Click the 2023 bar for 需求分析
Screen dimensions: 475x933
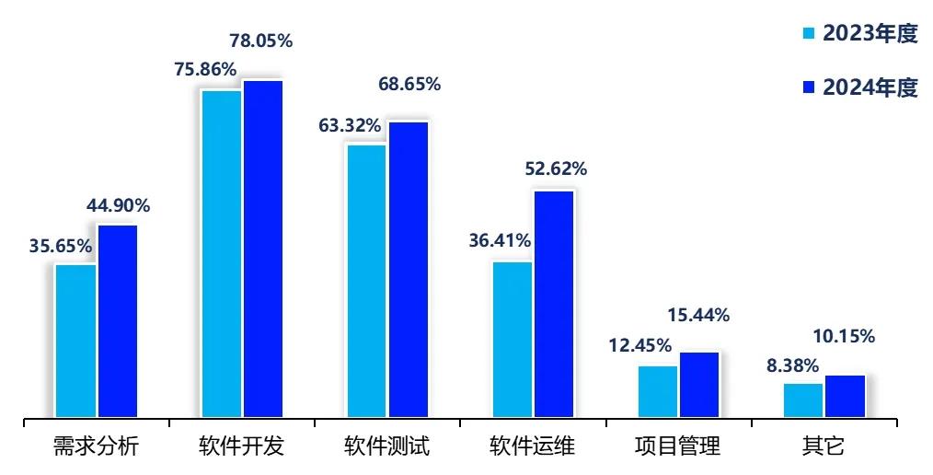click(75, 341)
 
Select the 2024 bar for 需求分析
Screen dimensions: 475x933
click(118, 321)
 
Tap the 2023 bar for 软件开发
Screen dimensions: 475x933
click(222, 254)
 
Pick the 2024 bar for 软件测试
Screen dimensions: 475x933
click(409, 270)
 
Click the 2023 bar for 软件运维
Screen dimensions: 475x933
click(513, 340)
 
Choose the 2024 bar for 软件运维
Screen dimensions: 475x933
click(554, 304)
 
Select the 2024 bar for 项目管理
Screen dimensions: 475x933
click(699, 385)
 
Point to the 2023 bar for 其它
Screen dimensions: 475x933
click(803, 400)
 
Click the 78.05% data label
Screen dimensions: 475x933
click(260, 41)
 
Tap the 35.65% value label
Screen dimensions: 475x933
click(60, 246)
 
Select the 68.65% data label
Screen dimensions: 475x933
click(409, 84)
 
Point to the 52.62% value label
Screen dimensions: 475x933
click(556, 168)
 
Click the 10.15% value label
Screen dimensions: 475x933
click(844, 336)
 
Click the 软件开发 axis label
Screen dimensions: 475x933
click(241, 447)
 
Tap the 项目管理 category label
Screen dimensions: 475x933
click(678, 447)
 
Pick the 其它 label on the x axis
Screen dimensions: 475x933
click(824, 447)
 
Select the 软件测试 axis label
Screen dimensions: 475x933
click(386, 447)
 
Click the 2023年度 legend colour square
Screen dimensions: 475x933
click(809, 34)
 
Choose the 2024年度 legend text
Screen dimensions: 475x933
click(870, 88)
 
